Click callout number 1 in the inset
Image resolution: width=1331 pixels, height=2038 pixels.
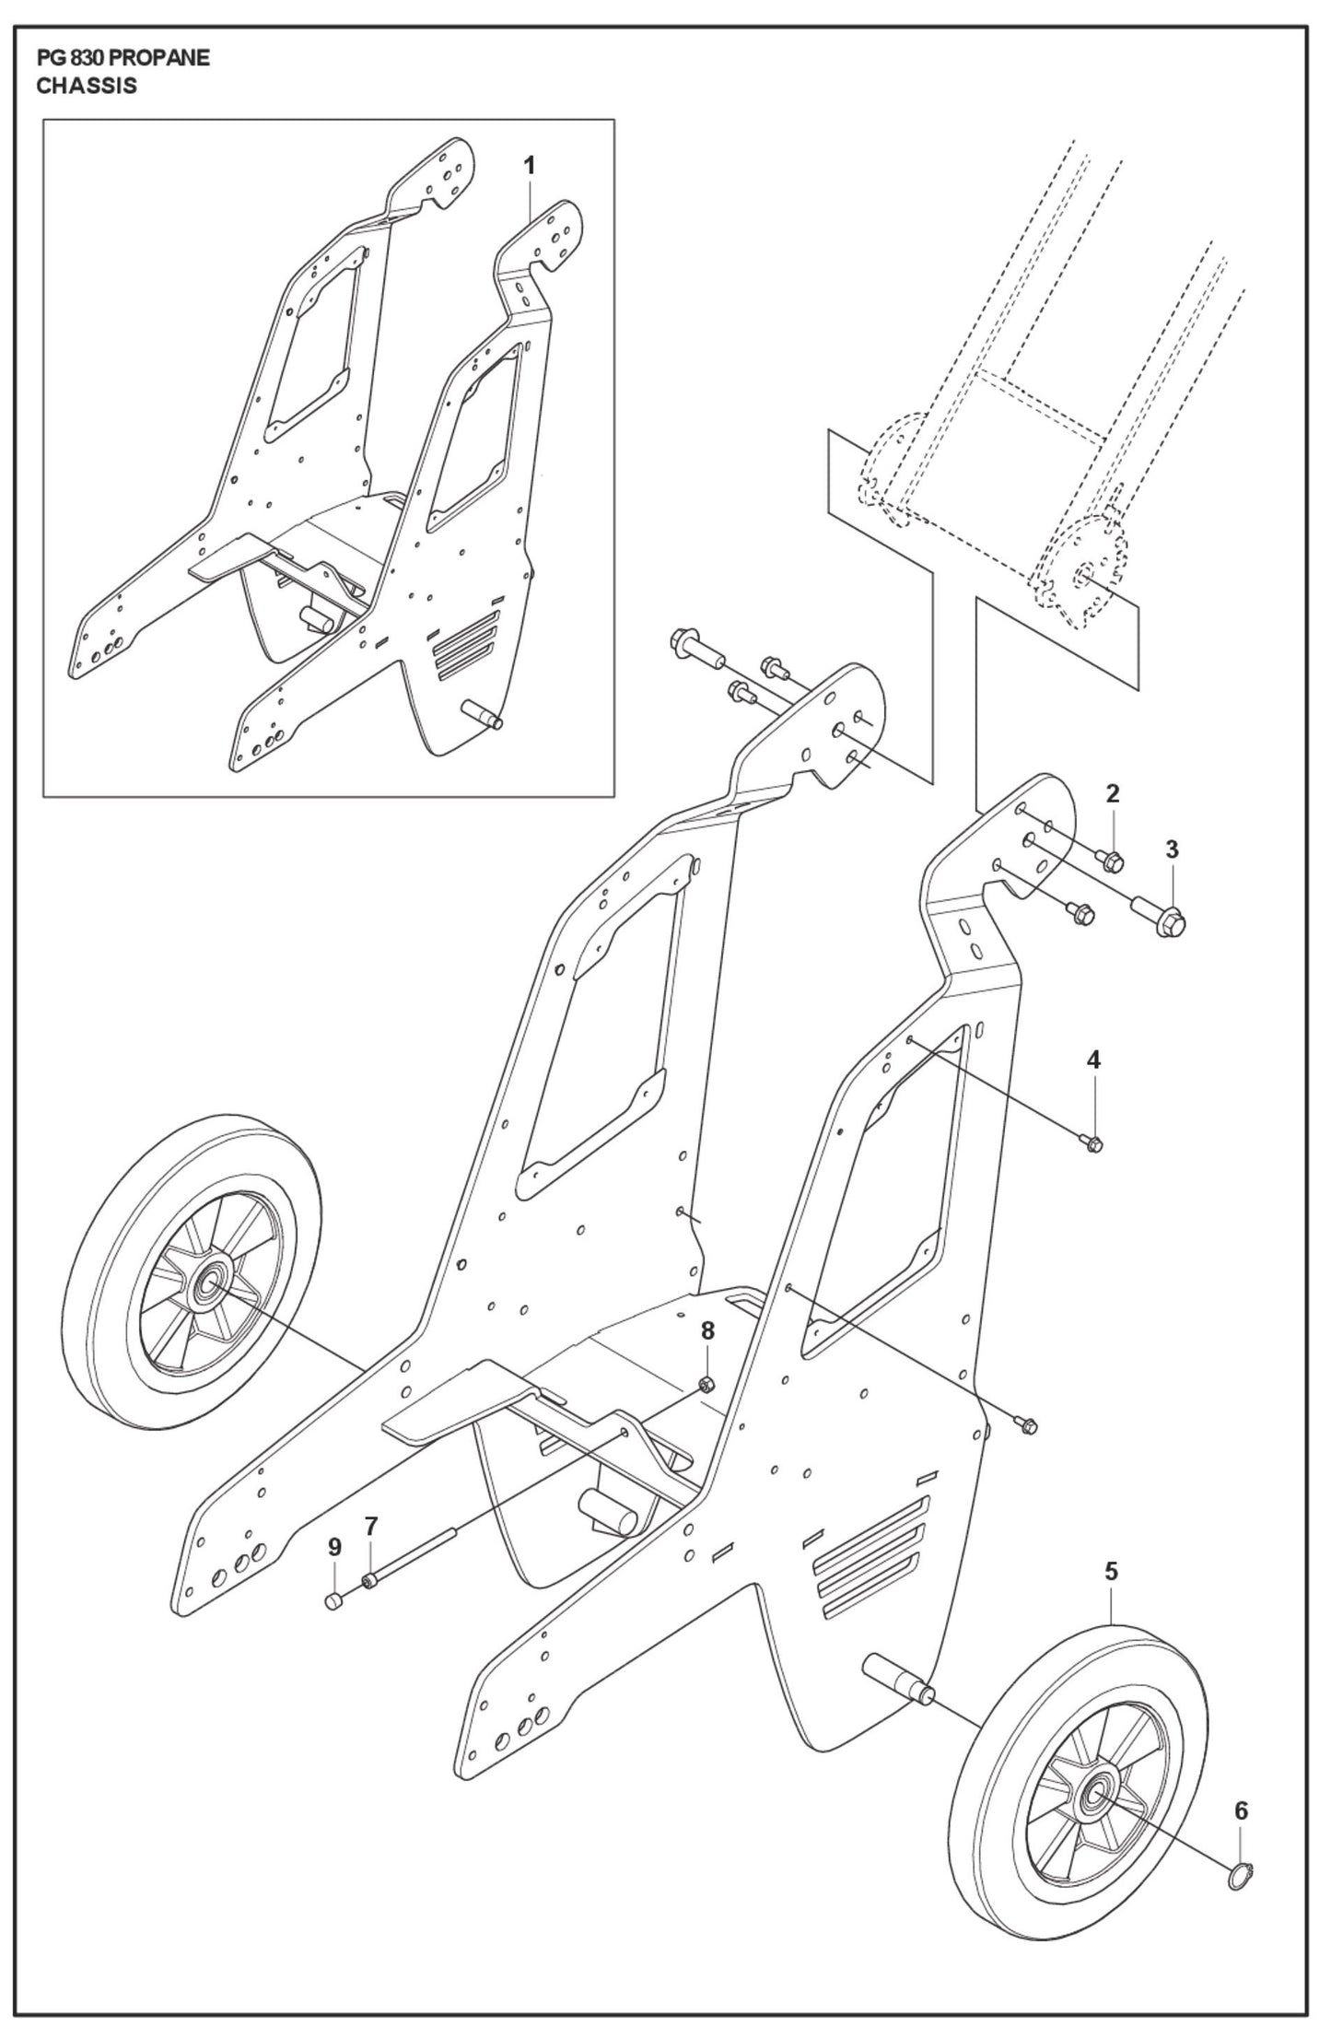click(529, 165)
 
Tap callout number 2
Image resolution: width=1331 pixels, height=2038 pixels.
click(1112, 793)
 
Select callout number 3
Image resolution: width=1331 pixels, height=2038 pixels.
click(1172, 849)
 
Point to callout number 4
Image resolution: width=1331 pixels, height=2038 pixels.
click(1093, 1060)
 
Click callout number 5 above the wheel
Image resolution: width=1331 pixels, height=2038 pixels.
click(1112, 1571)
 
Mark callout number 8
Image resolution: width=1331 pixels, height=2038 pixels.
click(706, 1330)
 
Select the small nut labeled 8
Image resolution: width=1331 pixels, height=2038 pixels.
click(706, 1384)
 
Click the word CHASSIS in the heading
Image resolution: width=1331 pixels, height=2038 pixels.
click(87, 87)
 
